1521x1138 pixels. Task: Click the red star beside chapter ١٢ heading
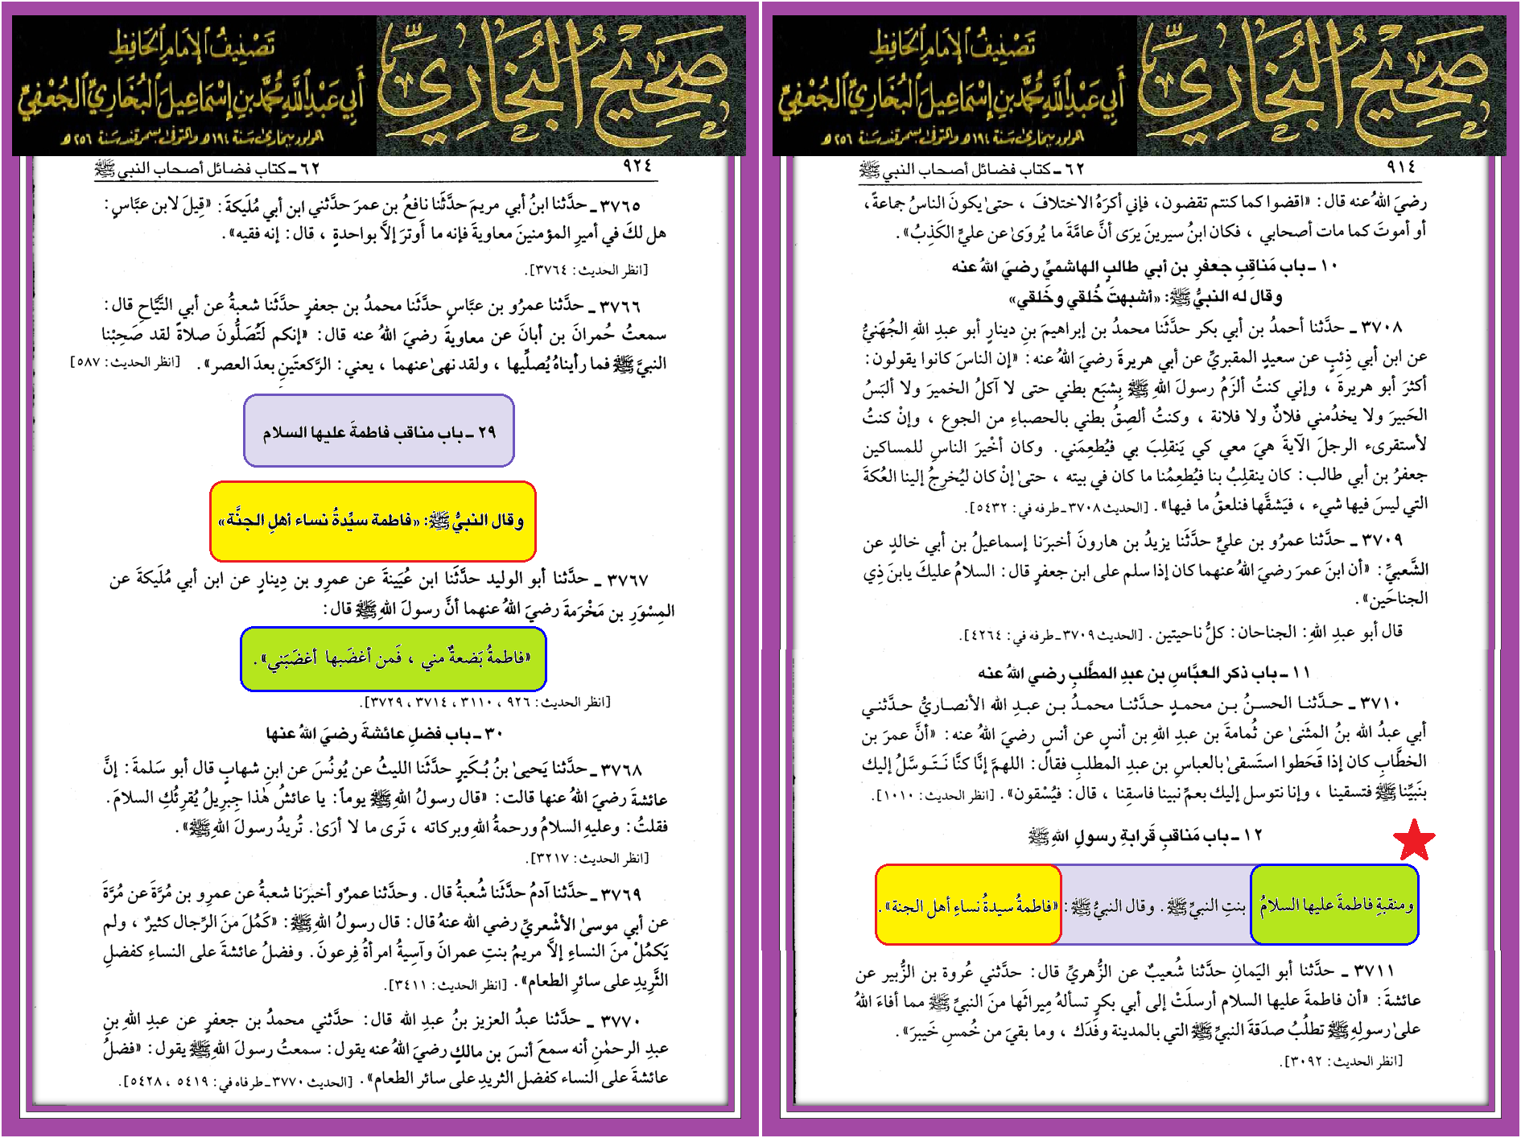pyautogui.click(x=1414, y=841)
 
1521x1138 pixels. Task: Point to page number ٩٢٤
pyautogui.click(x=637, y=166)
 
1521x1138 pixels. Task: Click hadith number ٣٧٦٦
pyautogui.click(x=620, y=306)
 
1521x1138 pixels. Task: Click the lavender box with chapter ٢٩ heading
pyautogui.click(x=379, y=431)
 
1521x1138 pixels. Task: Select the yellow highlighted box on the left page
pyautogui.click(x=373, y=521)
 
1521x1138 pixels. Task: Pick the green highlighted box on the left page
pyautogui.click(x=394, y=658)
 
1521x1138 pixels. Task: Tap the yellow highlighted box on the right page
pyautogui.click(x=968, y=905)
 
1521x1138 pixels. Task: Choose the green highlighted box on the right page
pyautogui.click(x=1334, y=905)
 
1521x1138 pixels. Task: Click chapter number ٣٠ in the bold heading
pyautogui.click(x=493, y=734)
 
